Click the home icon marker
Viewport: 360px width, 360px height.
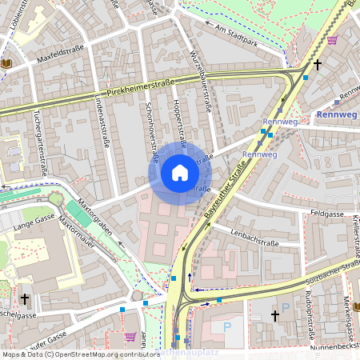[x=179, y=173]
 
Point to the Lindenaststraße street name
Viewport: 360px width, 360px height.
[x=102, y=123]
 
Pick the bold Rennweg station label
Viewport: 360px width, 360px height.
[x=336, y=115]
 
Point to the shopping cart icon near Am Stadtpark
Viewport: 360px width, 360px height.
[x=332, y=40]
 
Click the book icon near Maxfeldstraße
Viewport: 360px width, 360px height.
[x=7, y=62]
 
